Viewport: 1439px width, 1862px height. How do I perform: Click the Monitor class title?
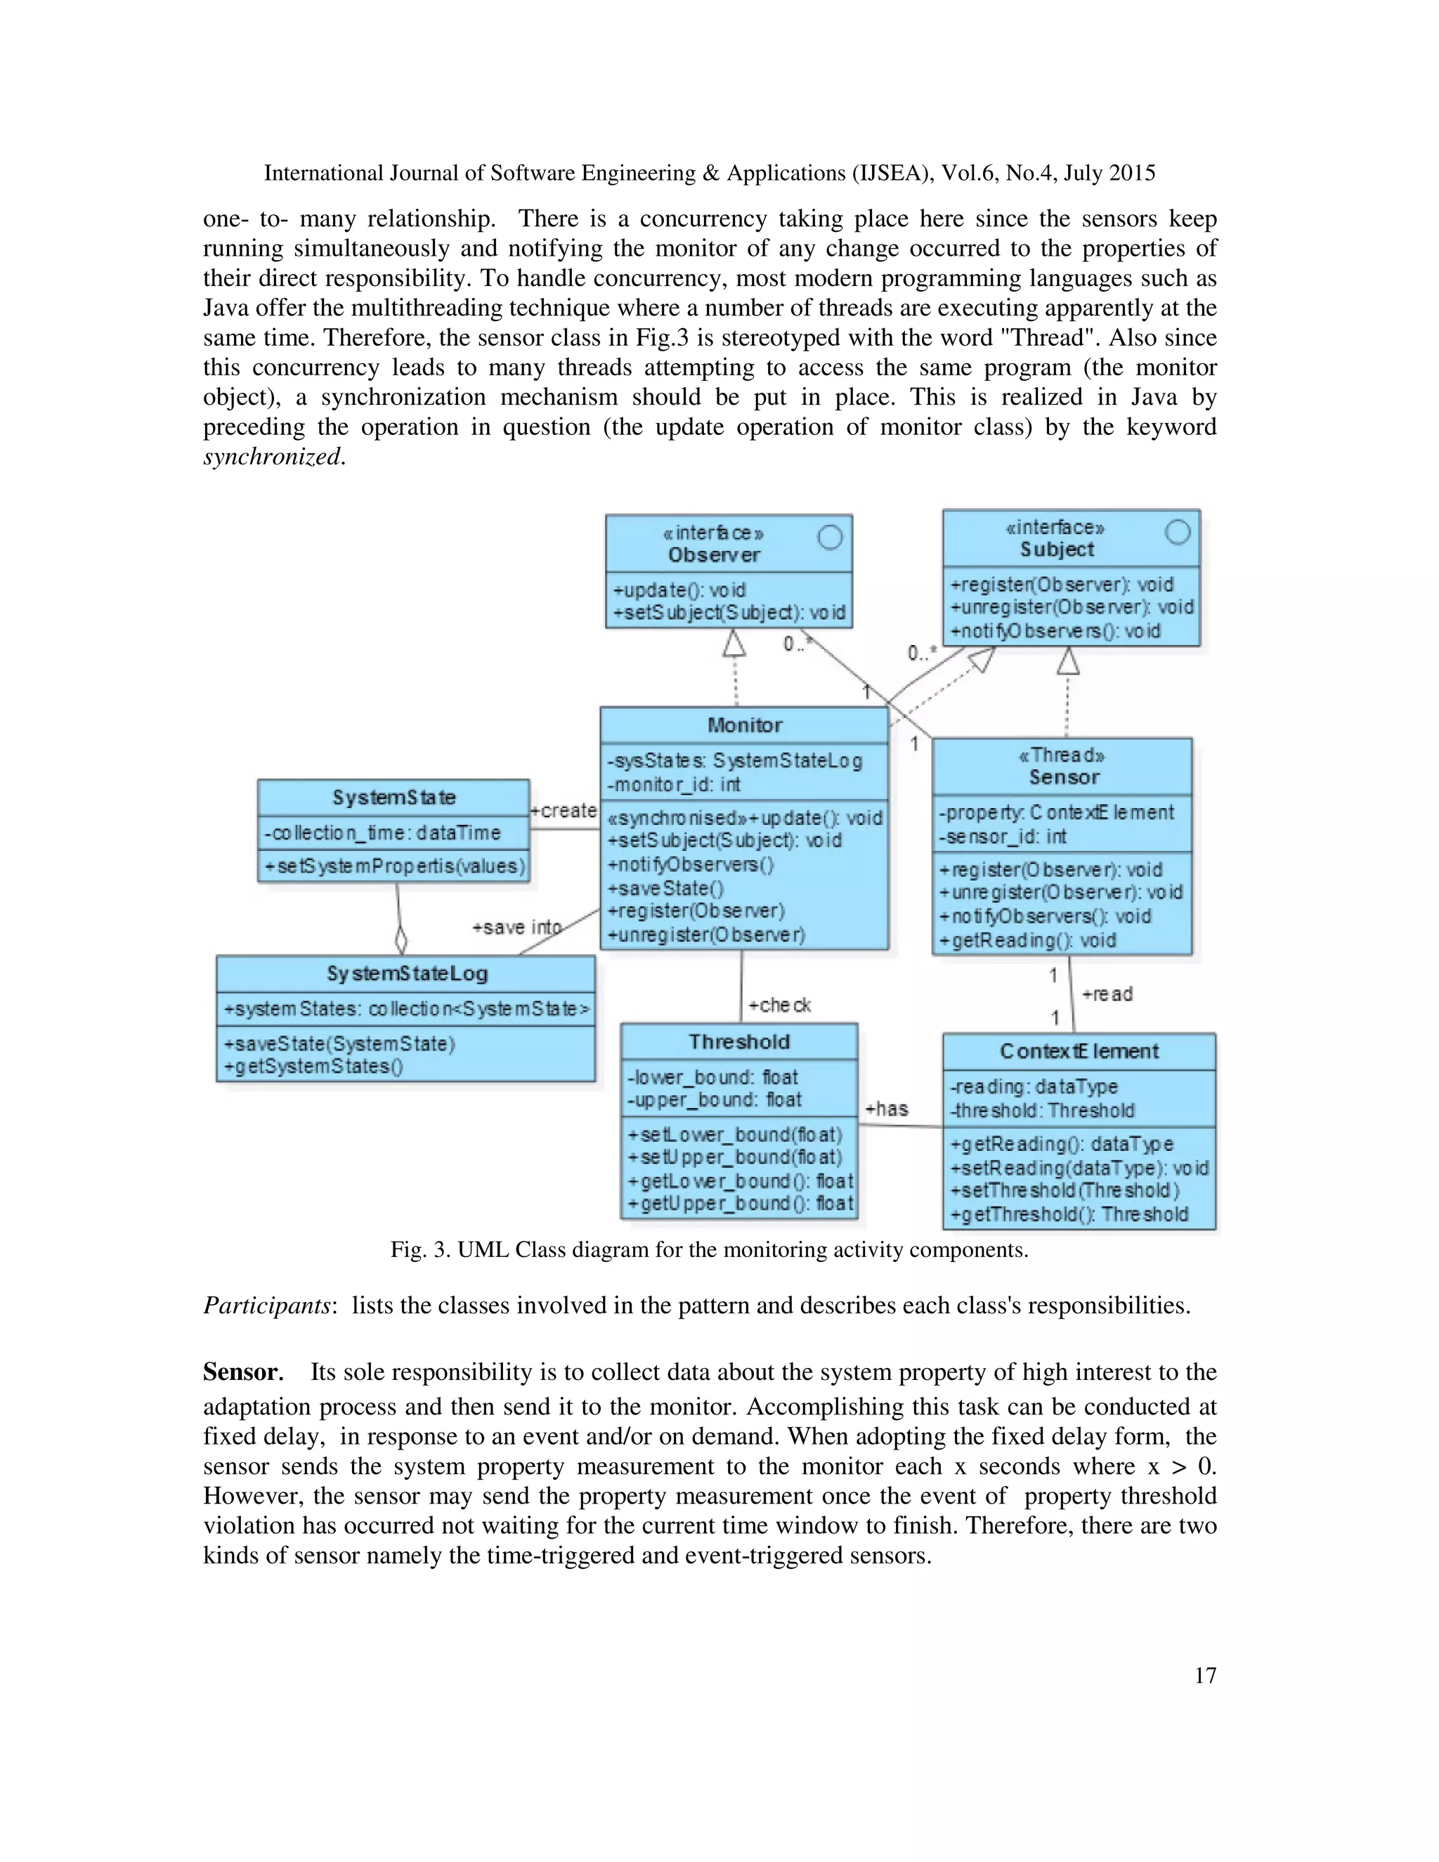[744, 726]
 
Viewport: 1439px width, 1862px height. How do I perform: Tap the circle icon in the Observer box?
[830, 537]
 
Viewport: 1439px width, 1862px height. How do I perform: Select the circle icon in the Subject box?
[1178, 532]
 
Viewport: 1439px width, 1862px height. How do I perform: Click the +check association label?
[779, 1005]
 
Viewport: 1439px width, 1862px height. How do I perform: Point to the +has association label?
[887, 1108]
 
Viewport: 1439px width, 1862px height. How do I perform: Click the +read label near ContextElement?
[1107, 994]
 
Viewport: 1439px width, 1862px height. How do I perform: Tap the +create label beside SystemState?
[564, 811]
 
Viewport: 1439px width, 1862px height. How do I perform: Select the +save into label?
[516, 927]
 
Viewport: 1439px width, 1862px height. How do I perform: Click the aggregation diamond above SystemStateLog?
[401, 942]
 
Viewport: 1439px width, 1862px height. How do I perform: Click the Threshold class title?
[739, 1042]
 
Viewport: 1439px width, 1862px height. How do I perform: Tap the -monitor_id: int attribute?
[673, 784]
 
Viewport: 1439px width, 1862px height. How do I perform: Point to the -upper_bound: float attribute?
[715, 1100]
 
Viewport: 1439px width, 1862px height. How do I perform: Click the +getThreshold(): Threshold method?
[1069, 1214]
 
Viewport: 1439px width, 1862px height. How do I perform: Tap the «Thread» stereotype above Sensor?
[1062, 755]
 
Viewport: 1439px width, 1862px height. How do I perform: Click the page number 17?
[1204, 1675]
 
